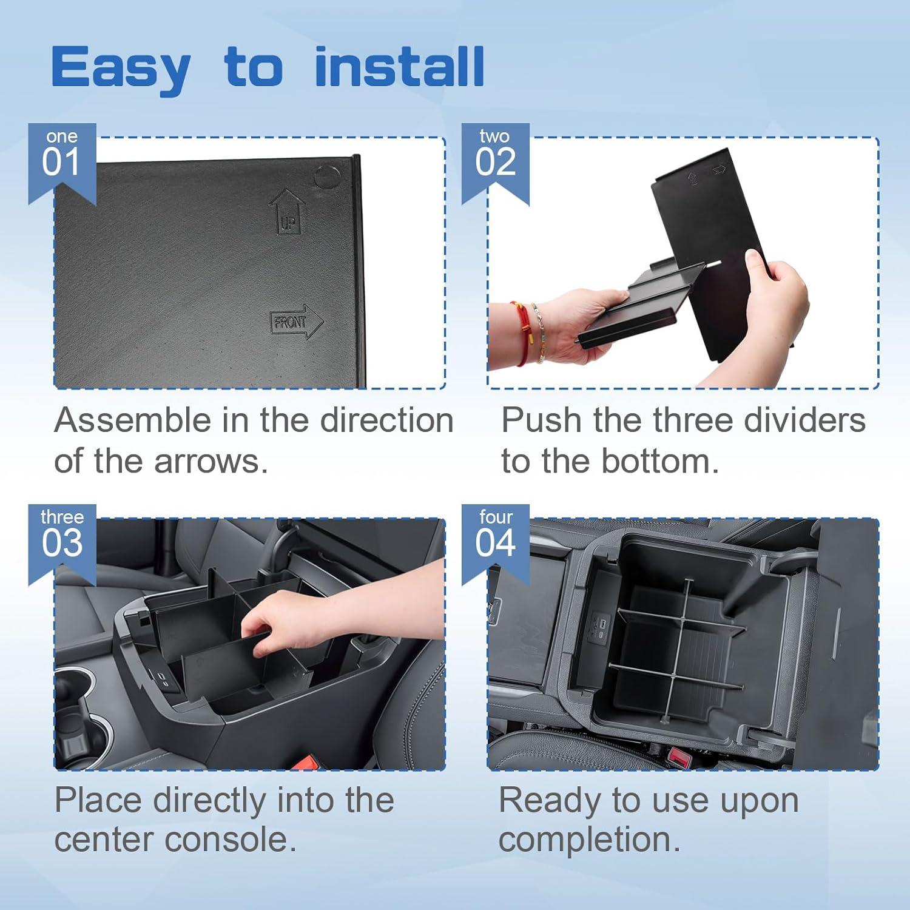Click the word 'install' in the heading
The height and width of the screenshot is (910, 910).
coord(399,67)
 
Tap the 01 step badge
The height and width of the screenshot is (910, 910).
coord(61,157)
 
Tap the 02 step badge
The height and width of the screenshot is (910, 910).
coord(495,157)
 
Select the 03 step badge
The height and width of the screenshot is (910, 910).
coord(61,537)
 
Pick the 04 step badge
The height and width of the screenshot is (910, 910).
coord(495,537)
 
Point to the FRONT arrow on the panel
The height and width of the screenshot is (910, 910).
coord(296,322)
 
